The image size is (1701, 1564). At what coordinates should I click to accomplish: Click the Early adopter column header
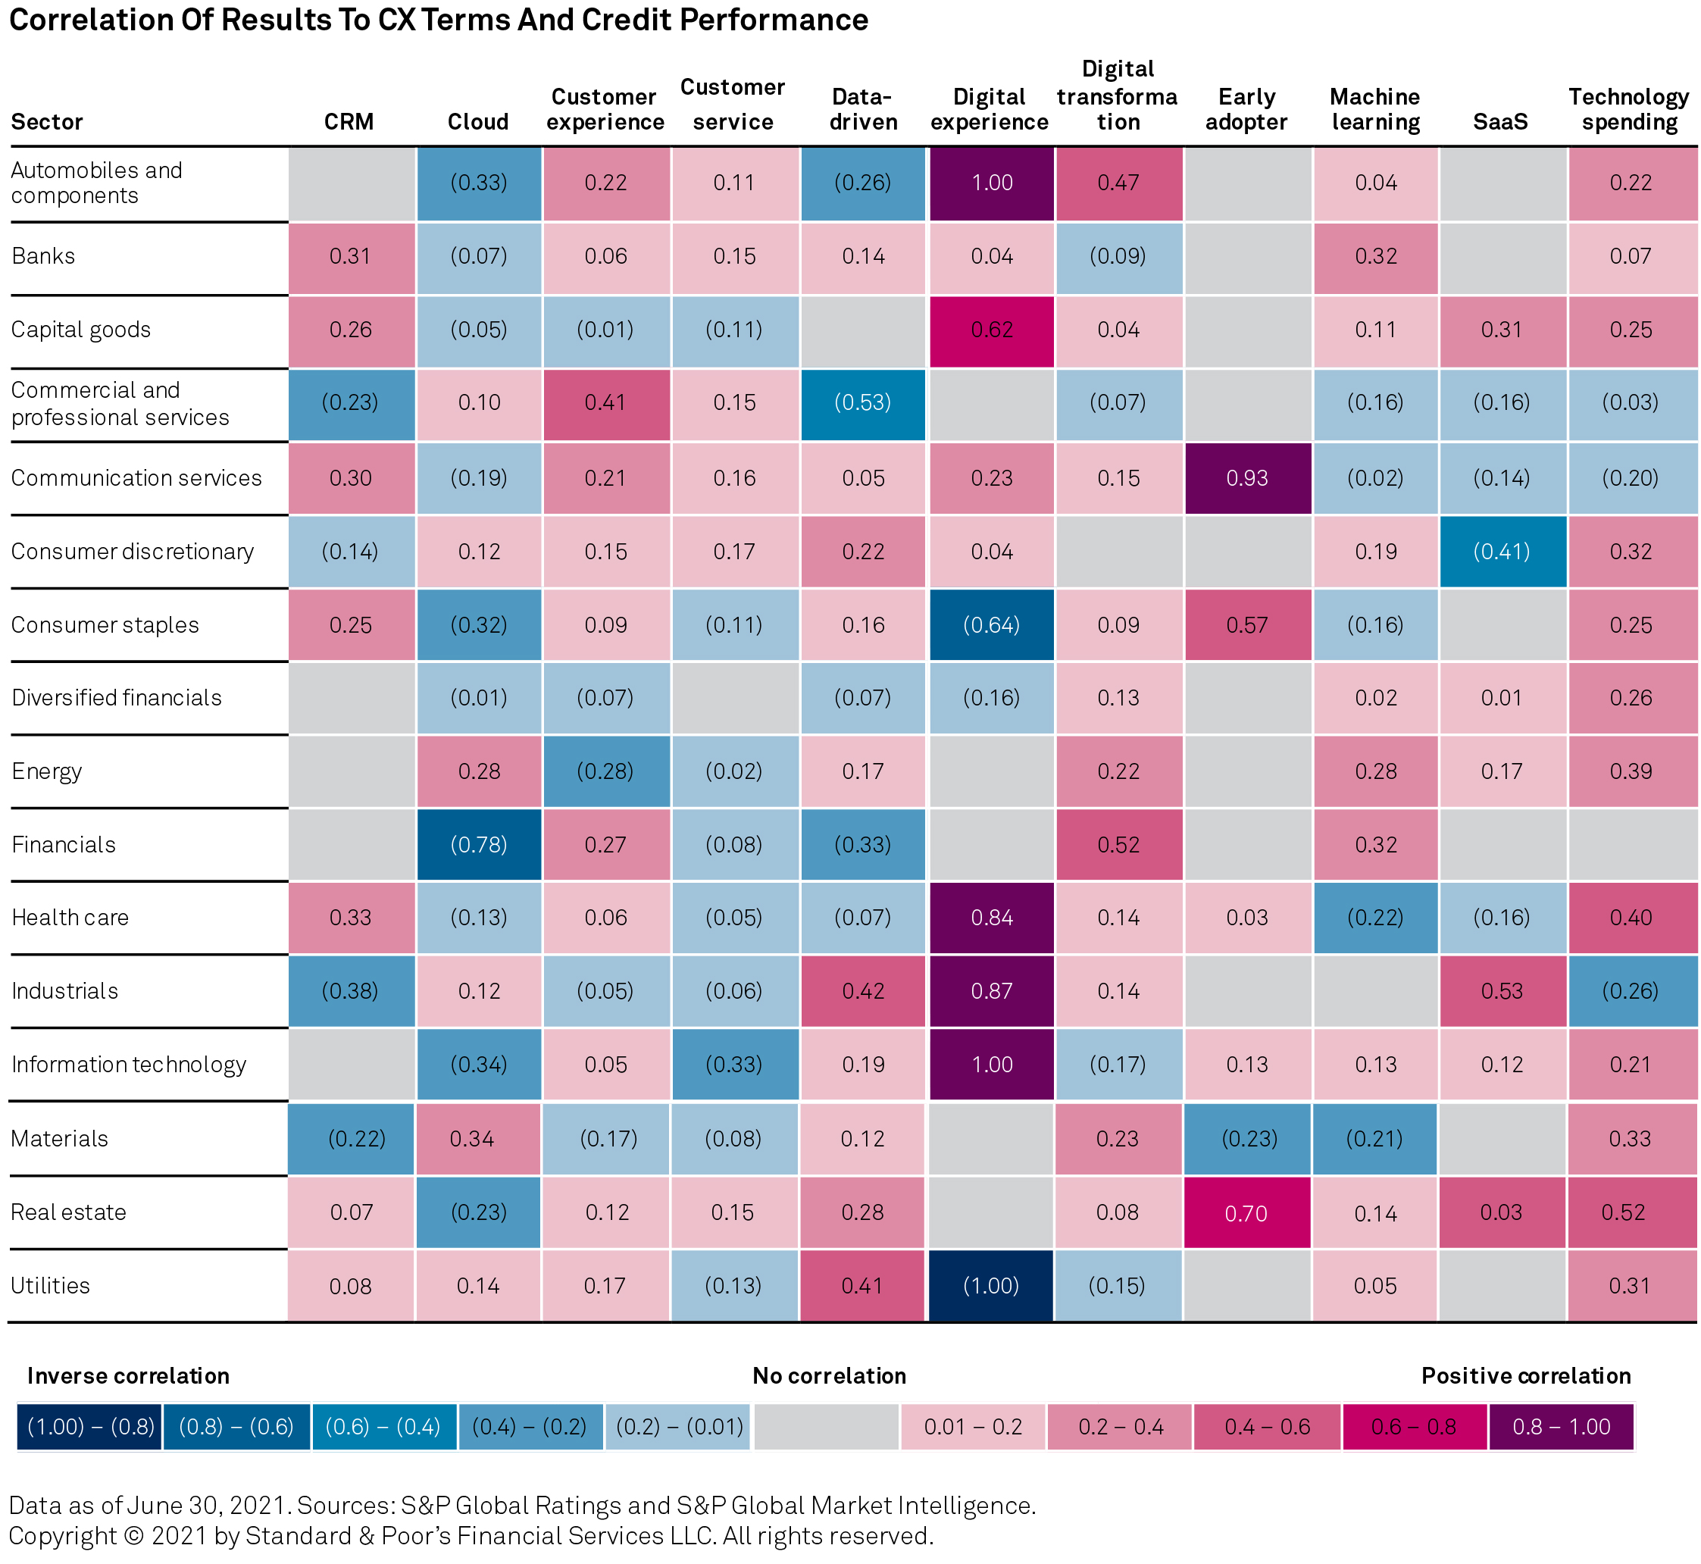coord(1246,109)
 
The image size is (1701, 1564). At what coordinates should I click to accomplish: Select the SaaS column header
coord(1500,122)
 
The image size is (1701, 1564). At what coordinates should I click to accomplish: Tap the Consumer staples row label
coord(105,625)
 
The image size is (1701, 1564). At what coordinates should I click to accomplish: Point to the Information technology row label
coord(129,1065)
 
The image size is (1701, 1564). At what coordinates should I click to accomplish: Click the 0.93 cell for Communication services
coord(1247,478)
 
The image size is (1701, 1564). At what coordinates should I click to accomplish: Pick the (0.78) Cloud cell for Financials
coord(479,845)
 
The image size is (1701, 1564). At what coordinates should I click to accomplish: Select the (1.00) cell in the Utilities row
coord(991,1286)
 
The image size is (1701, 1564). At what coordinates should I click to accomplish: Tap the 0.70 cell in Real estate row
coord(1246,1212)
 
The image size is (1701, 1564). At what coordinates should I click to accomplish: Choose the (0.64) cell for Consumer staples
coord(992,625)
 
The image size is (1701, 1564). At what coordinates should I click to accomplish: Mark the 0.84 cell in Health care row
coord(992,918)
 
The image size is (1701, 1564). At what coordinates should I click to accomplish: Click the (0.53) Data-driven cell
coord(862,403)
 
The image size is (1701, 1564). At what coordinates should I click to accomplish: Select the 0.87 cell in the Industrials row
coord(992,991)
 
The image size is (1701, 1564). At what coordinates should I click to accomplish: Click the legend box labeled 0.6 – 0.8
coord(1414,1427)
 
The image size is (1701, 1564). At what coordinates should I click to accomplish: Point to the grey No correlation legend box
coord(826,1427)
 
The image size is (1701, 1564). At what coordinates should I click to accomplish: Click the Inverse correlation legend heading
coord(128,1375)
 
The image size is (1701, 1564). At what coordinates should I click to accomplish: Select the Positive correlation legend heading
coord(1526,1375)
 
